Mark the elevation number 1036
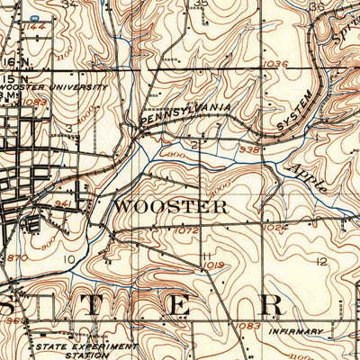pyautogui.click(x=277, y=63)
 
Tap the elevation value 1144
pyautogui.click(x=35, y=28)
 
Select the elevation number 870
pyautogui.click(x=16, y=258)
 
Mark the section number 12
pyautogui.click(x=321, y=261)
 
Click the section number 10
pyautogui.click(x=69, y=260)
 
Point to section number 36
pyautogui.click(x=315, y=5)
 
